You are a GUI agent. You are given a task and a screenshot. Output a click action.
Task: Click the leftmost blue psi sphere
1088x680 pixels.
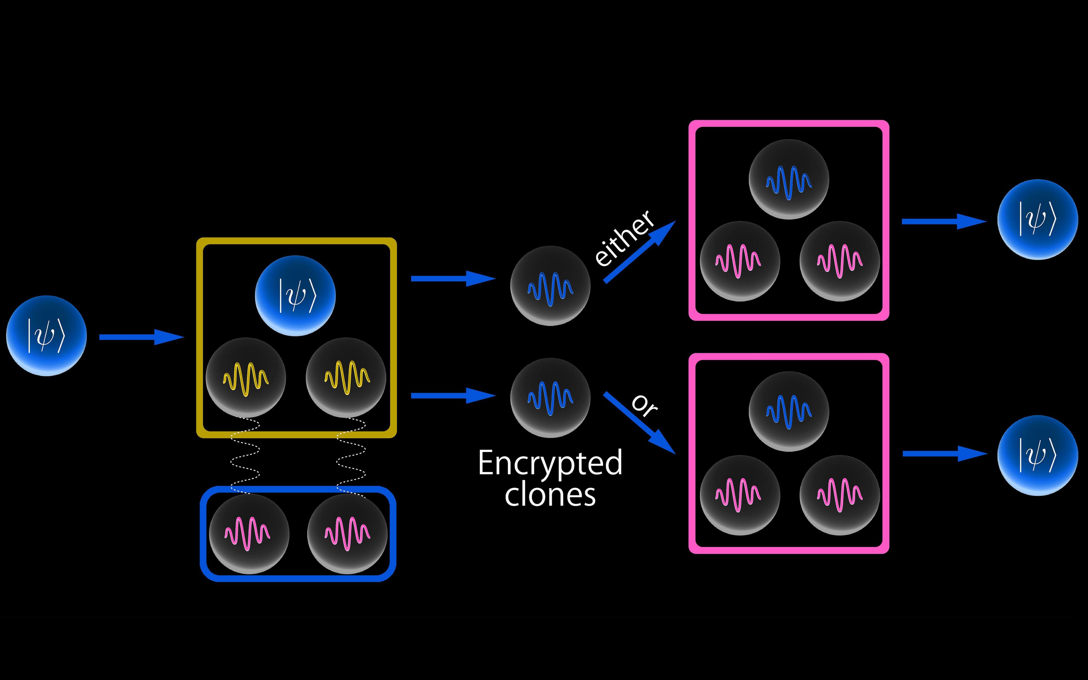tap(46, 336)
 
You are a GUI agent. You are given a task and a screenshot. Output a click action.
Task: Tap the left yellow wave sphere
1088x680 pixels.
tap(246, 377)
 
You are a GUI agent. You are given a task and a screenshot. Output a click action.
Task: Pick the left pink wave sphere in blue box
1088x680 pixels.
tap(249, 534)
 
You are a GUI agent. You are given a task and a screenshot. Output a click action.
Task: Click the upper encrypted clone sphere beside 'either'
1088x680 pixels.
tap(550, 285)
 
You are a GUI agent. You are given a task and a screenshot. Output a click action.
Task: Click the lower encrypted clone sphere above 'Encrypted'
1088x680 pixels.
tap(550, 398)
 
